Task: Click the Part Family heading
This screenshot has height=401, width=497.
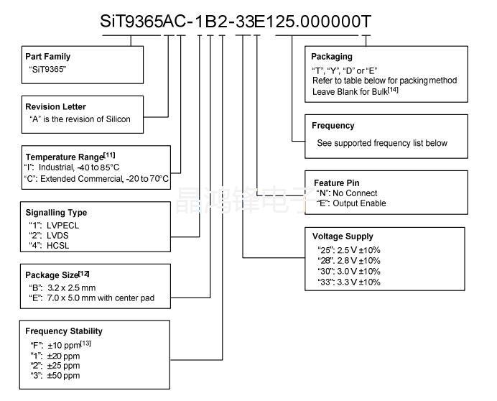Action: (48, 57)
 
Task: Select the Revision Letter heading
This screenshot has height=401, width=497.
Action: (55, 106)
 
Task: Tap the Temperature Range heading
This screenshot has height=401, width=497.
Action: (65, 157)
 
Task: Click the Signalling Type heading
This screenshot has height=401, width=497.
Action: (56, 213)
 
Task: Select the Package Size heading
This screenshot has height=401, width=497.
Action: (52, 275)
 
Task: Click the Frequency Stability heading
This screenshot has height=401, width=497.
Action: (64, 331)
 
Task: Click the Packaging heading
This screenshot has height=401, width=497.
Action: (332, 57)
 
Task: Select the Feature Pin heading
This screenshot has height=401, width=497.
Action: (337, 183)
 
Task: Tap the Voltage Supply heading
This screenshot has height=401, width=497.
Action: (343, 236)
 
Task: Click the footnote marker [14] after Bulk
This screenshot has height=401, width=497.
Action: (393, 89)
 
